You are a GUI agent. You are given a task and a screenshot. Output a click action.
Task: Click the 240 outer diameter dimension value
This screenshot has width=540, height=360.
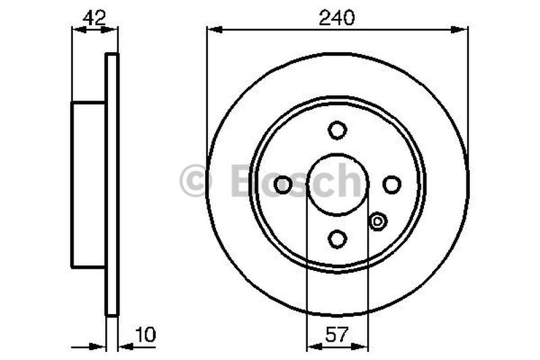click(x=337, y=18)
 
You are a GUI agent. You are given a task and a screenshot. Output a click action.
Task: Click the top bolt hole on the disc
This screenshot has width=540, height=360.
click(x=337, y=130)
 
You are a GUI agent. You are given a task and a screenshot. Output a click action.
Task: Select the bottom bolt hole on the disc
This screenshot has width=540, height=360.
click(x=337, y=238)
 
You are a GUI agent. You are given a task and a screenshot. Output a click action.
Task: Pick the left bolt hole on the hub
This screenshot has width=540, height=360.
click(x=283, y=184)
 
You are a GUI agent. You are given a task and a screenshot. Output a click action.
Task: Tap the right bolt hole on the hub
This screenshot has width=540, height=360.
click(x=391, y=184)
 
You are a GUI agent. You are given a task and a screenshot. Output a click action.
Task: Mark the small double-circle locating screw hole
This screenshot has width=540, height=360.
click(x=378, y=220)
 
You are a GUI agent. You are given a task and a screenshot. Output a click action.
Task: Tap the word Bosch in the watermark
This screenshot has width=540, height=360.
click(x=297, y=181)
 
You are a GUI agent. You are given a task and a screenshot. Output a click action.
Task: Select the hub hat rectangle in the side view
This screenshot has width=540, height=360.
click(x=89, y=184)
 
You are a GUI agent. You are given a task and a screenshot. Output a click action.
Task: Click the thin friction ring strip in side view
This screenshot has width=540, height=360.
click(x=112, y=184)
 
